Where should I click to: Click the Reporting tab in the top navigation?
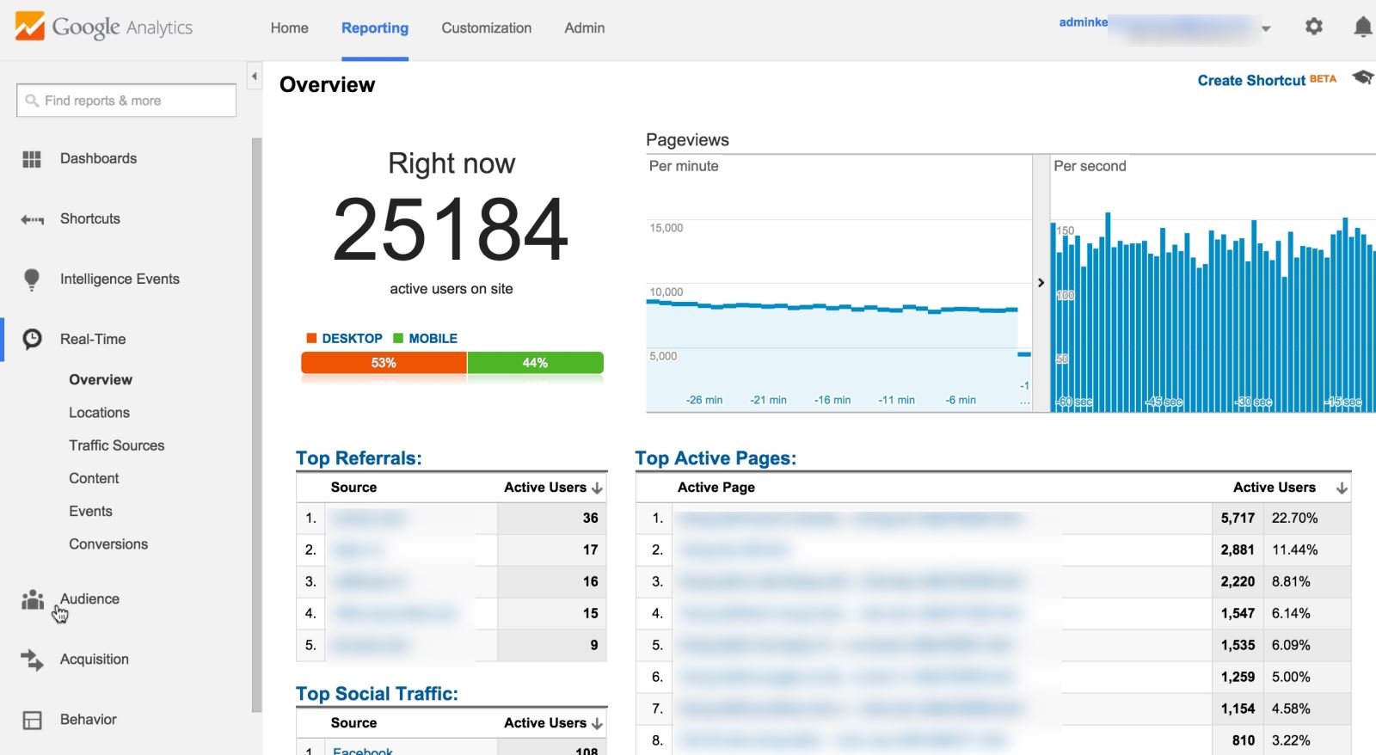pos(375,28)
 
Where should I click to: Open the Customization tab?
pos(486,28)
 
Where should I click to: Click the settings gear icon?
pos(1313,27)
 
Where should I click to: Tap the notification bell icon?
pos(1362,28)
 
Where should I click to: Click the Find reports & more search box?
pos(126,101)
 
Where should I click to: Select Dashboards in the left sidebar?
pos(98,158)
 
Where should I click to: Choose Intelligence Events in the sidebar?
pos(120,279)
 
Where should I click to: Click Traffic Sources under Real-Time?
pos(116,445)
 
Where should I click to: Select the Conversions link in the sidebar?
pos(108,544)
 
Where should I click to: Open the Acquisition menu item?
pos(95,660)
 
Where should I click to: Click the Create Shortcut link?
pos(1251,81)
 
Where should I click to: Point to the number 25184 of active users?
pos(451,229)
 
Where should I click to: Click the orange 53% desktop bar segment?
pos(384,363)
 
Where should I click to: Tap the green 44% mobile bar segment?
pos(535,363)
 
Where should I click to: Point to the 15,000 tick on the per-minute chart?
pos(666,228)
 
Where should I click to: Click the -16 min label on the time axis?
pos(832,400)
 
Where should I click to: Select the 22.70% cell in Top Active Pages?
pos(1294,518)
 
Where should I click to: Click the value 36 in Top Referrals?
pos(590,518)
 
